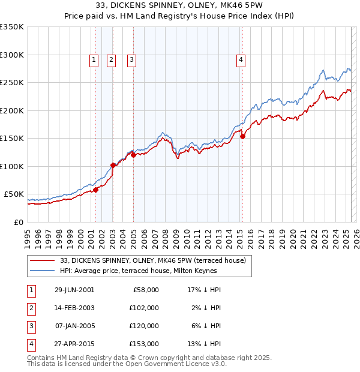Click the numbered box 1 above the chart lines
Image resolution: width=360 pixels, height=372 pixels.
click(95, 59)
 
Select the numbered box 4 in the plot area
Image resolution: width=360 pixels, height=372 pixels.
click(241, 59)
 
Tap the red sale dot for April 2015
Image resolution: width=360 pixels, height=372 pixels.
click(242, 137)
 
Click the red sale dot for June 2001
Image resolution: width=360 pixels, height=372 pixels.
click(95, 190)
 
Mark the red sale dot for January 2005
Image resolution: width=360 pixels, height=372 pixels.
click(133, 155)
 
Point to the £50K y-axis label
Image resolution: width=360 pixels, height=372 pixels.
click(14, 194)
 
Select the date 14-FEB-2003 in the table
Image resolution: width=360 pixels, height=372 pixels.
click(74, 308)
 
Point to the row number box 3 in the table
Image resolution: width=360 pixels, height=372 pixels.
click(31, 326)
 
